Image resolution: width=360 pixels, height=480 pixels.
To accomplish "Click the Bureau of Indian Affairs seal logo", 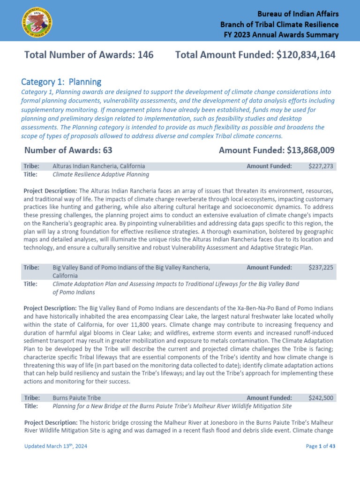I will click(37, 22).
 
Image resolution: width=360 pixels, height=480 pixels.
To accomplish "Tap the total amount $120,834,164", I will click(306, 55).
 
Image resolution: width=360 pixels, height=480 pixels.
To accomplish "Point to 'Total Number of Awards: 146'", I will click(89, 55).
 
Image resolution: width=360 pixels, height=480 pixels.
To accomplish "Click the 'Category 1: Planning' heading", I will click(61, 82).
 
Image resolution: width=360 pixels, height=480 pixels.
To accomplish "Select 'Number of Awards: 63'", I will click(68, 150).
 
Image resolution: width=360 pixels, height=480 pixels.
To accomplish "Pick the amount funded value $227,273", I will click(321, 166).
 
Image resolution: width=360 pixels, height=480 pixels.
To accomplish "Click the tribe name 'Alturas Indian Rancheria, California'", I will click(98, 166).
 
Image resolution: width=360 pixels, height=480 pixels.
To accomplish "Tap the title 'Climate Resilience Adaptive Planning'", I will click(101, 174).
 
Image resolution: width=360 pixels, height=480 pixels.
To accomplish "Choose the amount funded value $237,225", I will click(321, 268).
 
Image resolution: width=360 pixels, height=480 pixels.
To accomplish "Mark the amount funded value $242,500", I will click(321, 398).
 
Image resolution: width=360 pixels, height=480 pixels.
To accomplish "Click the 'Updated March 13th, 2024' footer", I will click(55, 446).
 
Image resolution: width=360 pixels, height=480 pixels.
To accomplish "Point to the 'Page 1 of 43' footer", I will click(321, 446).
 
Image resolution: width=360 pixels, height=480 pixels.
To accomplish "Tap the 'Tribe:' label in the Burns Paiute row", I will click(32, 398).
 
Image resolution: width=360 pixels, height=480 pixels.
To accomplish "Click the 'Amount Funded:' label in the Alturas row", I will click(269, 166).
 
